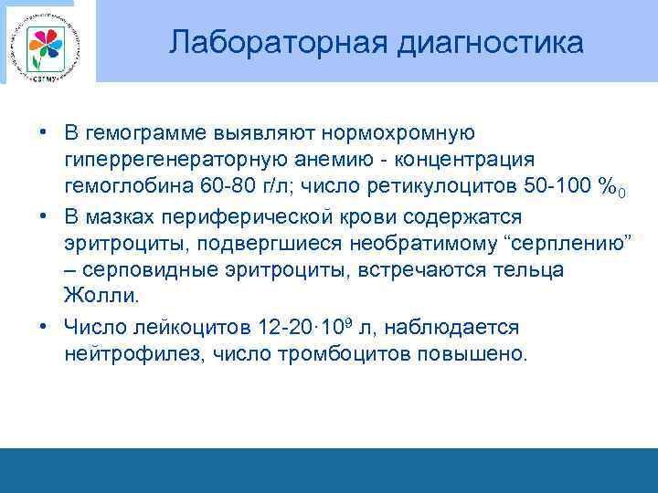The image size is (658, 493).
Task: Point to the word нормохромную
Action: (396, 135)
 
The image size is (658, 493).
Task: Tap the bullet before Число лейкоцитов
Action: (44, 327)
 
